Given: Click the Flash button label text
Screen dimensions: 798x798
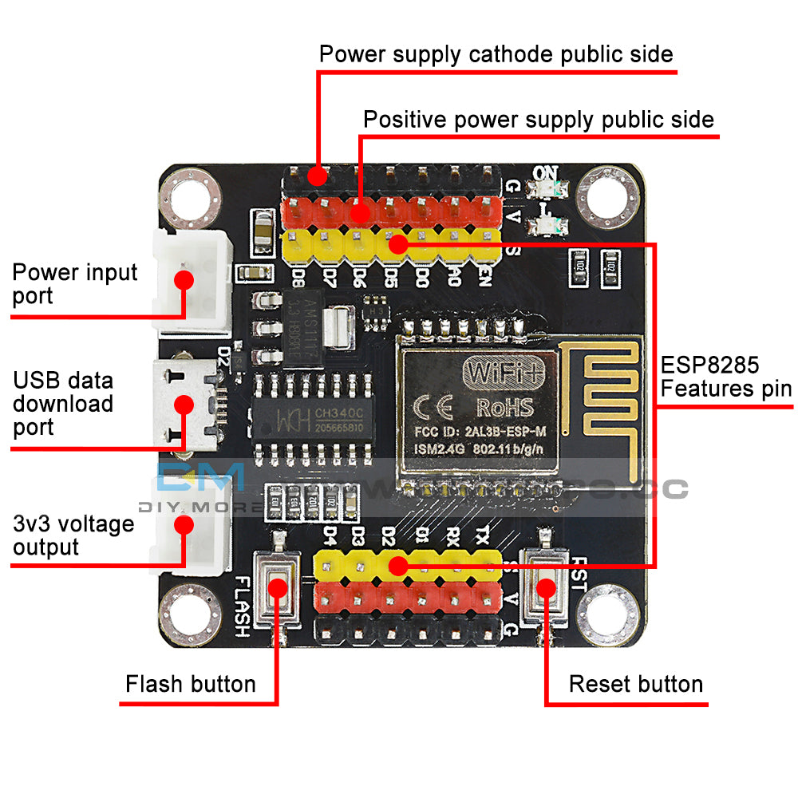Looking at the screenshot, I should pyautogui.click(x=191, y=685).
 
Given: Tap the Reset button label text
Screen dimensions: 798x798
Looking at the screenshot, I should pyautogui.click(x=635, y=685).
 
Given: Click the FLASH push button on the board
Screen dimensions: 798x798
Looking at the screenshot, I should pyautogui.click(x=277, y=588).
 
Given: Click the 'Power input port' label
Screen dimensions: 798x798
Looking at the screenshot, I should pyautogui.click(x=75, y=284).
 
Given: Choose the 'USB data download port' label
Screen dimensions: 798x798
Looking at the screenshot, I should pyautogui.click(x=63, y=404).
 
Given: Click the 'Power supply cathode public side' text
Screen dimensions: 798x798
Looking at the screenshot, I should pyautogui.click(x=496, y=54).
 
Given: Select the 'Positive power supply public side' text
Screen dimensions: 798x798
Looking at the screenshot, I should pyautogui.click(x=538, y=120).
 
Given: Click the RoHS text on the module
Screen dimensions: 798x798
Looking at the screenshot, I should pyautogui.click(x=504, y=408).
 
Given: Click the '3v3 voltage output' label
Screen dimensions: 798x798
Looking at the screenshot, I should pyautogui.click(x=73, y=535).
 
